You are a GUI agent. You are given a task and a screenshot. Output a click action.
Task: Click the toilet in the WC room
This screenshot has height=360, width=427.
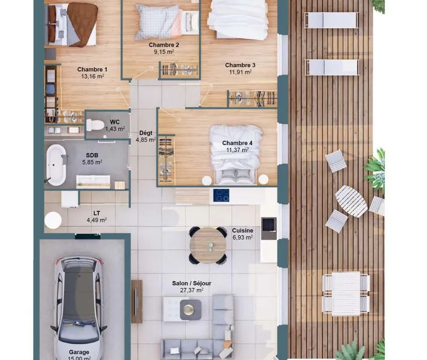coord(95,125)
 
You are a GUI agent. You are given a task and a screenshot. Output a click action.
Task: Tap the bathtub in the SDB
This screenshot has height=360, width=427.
coord(56,165)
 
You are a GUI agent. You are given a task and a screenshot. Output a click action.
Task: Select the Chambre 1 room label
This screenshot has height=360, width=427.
coord(92,69)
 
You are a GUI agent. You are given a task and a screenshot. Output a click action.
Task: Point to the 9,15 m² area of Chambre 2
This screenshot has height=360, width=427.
coord(164,52)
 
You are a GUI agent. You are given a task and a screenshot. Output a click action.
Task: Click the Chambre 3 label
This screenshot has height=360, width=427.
coord(240,65)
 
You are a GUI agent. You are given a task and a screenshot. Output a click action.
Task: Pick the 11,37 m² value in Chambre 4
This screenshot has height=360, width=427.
coord(238,150)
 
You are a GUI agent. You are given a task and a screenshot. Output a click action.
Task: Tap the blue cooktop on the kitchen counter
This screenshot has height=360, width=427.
coord(221,195)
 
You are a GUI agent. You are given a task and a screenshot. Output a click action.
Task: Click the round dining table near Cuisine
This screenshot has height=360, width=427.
coord(208,245)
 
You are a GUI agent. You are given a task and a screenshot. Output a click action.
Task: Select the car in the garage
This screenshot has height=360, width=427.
coord(78,308)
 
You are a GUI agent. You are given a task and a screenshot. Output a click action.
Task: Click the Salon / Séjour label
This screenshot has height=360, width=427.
coord(192,283)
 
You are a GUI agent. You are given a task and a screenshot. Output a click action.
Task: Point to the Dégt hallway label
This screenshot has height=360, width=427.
coord(146,133)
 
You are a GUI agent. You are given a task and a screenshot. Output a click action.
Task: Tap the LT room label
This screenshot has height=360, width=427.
coord(97,213)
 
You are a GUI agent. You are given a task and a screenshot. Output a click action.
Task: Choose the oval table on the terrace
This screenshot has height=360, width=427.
coord(351,201)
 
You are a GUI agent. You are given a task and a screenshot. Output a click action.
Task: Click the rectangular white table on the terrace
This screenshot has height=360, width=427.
coord(346,294)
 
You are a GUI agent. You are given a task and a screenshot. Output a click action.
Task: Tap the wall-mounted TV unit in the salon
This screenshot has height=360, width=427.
coord(137,301)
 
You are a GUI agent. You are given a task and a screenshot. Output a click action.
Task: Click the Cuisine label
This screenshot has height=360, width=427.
coord(243,230)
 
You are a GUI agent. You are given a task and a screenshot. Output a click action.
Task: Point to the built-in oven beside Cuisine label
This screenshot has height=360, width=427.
coord(269,228)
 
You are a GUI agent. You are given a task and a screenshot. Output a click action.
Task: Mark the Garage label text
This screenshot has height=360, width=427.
coord(79,352)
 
